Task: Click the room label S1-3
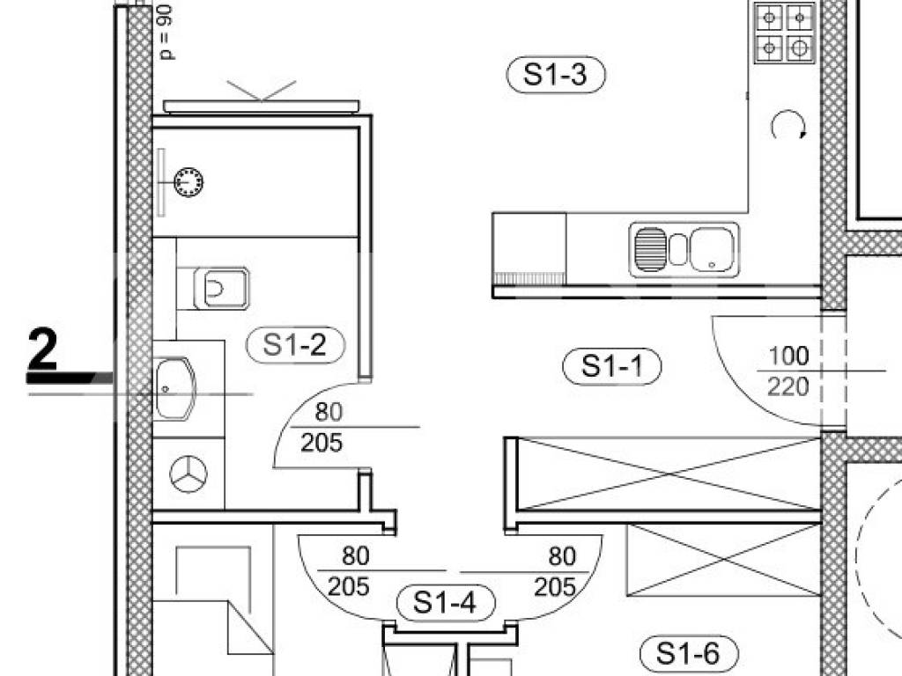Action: click(x=556, y=75)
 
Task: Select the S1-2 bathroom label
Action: click(x=295, y=345)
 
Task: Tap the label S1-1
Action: click(x=611, y=365)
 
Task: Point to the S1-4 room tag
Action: click(x=446, y=603)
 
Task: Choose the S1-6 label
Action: click(x=689, y=653)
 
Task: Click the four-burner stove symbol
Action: click(x=785, y=33)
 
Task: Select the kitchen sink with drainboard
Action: click(x=684, y=249)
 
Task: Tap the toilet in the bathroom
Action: click(x=220, y=289)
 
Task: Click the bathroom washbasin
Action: click(x=174, y=388)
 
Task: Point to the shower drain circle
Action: click(x=189, y=181)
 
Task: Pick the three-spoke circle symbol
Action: click(x=189, y=474)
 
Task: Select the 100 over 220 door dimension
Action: click(x=788, y=371)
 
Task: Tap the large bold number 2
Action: click(x=42, y=349)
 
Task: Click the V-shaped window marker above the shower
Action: click(x=262, y=91)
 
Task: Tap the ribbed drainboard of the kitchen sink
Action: click(x=651, y=249)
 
